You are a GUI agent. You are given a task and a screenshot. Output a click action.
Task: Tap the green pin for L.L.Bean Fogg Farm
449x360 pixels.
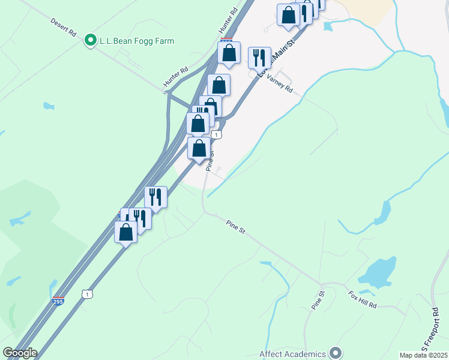tap(91, 40)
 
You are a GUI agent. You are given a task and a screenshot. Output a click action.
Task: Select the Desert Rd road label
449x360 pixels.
tap(63, 28)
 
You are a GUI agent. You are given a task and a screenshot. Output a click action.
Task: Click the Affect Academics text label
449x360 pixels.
tap(292, 353)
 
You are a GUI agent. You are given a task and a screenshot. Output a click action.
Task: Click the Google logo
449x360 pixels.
tap(20, 353)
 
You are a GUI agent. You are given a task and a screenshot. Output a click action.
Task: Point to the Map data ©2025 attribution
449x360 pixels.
tap(423, 355)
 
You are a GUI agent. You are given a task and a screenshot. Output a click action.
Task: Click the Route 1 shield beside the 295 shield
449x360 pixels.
tap(88, 294)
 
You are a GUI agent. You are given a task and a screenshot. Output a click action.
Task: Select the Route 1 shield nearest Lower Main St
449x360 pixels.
tap(217, 135)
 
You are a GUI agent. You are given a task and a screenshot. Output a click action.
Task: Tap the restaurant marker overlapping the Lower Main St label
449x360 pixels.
tap(259, 58)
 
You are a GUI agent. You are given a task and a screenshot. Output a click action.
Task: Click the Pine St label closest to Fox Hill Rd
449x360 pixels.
tap(318, 300)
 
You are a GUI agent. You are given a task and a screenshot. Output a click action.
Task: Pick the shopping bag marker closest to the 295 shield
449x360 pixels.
tap(125, 232)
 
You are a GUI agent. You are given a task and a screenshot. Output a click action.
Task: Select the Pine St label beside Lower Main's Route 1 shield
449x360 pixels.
tap(210, 160)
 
